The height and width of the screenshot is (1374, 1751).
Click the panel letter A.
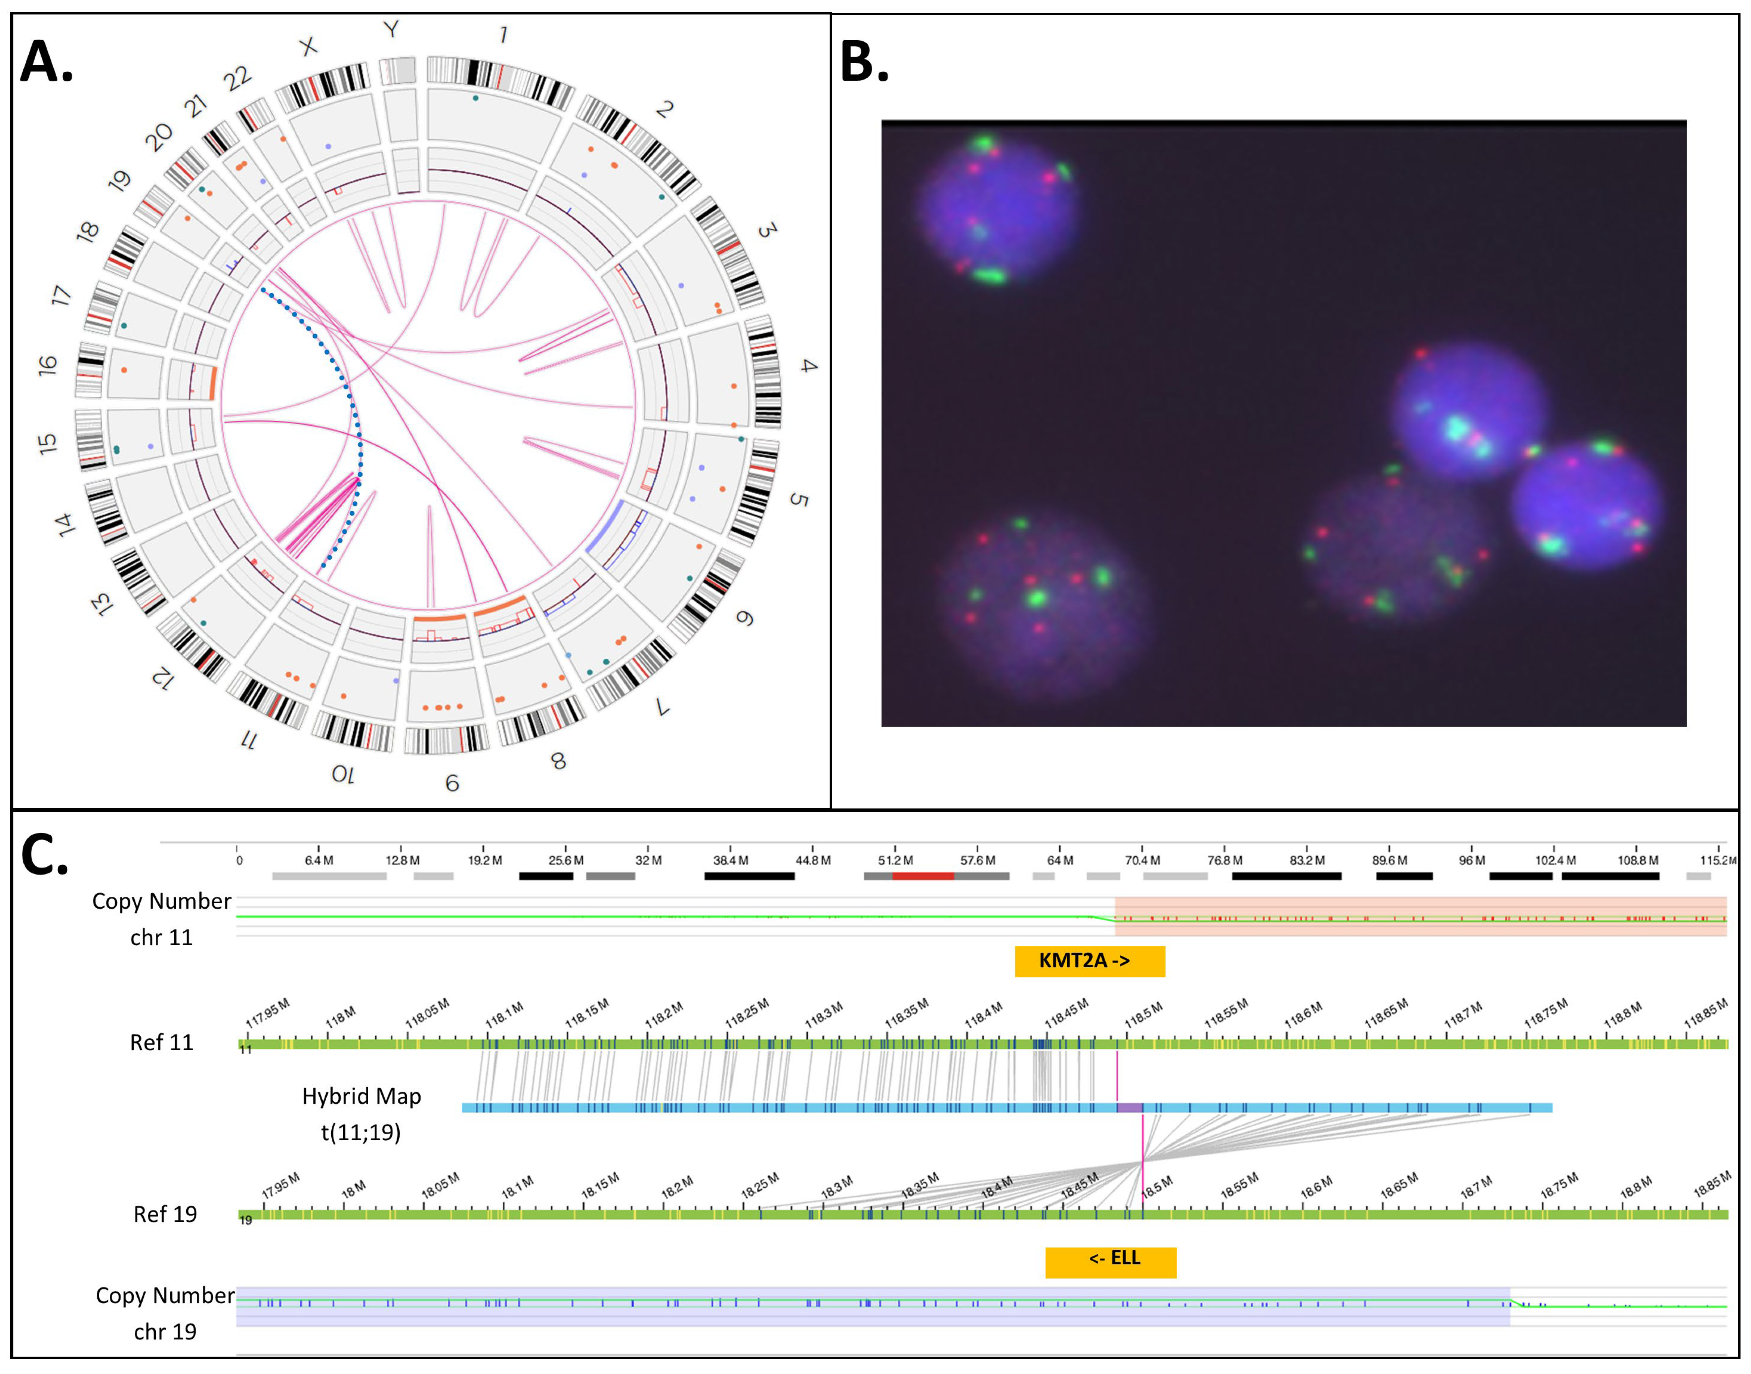(46, 63)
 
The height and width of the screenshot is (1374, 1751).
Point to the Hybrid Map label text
(361, 1096)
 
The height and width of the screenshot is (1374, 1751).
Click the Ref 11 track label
(162, 1043)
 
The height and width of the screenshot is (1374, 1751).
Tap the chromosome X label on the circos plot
(308, 47)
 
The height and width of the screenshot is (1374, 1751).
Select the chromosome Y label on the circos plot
(391, 30)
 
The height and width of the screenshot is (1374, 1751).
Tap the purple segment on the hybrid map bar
(1129, 1108)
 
